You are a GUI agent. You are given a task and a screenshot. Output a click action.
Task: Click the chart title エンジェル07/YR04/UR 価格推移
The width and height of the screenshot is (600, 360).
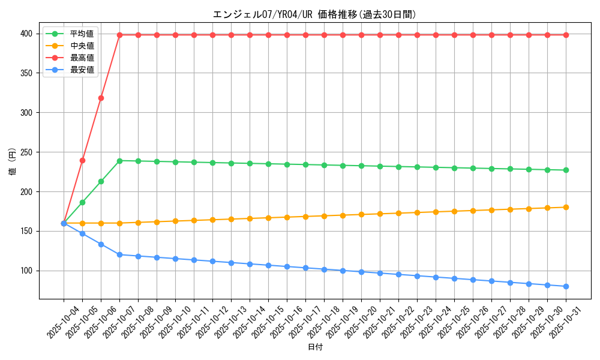[314, 14]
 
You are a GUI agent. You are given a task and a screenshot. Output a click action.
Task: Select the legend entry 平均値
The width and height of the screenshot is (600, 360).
[82, 34]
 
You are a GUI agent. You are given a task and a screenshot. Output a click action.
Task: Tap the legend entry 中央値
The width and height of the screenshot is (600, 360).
[82, 46]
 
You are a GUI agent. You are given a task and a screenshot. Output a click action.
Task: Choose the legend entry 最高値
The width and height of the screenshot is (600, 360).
[82, 58]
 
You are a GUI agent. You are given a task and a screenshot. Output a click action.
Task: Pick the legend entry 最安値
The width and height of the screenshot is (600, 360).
[82, 70]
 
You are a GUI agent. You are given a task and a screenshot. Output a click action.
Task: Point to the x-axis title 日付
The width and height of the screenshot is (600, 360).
[314, 347]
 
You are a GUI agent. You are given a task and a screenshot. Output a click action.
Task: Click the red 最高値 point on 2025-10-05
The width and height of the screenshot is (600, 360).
[82, 160]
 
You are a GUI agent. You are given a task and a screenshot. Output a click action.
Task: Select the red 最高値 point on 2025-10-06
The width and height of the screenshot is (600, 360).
[101, 98]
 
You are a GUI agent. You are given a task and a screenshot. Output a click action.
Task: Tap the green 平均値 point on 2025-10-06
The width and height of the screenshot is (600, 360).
[101, 181]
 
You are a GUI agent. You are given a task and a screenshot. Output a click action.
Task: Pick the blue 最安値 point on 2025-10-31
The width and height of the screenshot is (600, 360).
[566, 286]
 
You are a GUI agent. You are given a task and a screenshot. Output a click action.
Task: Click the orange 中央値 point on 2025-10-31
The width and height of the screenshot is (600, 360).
[566, 207]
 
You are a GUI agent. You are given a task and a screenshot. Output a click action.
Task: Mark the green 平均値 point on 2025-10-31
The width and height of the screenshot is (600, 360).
[566, 170]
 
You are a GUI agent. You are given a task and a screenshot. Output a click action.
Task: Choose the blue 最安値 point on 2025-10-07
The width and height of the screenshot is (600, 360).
[119, 254]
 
